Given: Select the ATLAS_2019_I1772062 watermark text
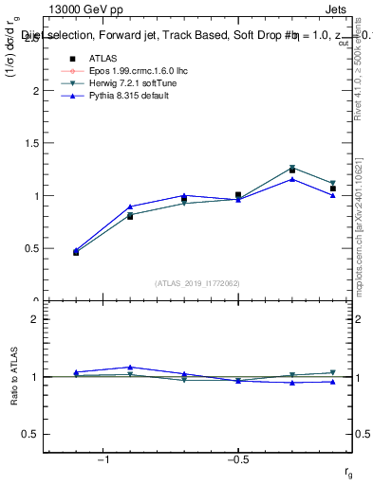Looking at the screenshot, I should coord(196,282).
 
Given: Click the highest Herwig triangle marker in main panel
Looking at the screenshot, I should coord(292,168).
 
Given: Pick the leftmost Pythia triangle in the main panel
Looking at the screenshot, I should coord(76,250).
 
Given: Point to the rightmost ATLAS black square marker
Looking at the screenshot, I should coord(333,189).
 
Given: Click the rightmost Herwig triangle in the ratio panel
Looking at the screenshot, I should coord(333,372).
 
